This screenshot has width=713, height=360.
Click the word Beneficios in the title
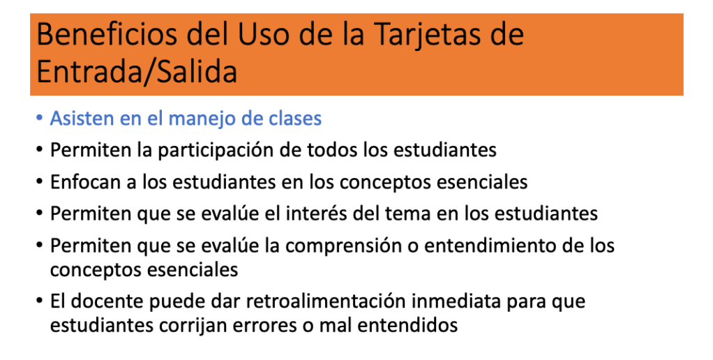pos(106,35)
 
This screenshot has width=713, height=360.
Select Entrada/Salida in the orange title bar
pos(137,71)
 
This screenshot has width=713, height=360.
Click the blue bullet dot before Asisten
pos(40,118)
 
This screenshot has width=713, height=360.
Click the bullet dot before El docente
pos(40,301)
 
